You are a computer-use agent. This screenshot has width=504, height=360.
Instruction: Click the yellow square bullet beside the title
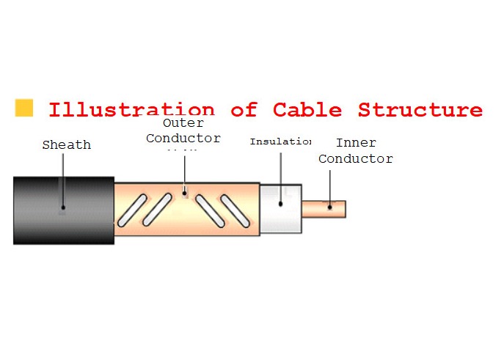[24, 108]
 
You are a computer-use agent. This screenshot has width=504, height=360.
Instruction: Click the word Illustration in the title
[132, 111]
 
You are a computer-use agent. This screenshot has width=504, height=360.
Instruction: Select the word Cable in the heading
[307, 111]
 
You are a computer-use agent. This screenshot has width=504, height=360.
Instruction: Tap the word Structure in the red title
[420, 111]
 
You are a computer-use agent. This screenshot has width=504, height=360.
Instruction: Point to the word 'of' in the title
[244, 111]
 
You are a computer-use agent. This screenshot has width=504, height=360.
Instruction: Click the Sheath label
[67, 145]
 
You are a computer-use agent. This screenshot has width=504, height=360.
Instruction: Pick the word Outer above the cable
[183, 123]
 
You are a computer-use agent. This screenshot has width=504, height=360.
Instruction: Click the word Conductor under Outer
[183, 138]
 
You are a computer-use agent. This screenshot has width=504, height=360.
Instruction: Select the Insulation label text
[280, 141]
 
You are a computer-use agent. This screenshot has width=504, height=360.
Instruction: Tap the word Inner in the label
[356, 143]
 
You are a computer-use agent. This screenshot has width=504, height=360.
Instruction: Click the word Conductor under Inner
[356, 158]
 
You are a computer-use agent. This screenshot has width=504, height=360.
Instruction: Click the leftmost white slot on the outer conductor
[132, 210]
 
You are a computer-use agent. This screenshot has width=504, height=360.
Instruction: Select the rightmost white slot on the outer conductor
[235, 210]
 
